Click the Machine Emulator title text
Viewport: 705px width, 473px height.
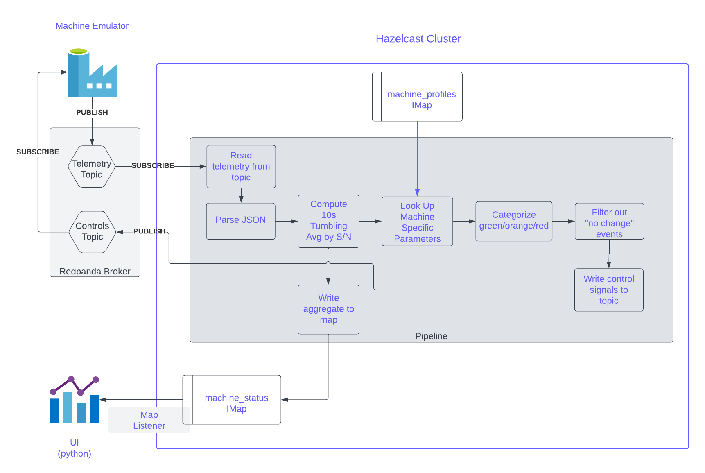click(x=92, y=26)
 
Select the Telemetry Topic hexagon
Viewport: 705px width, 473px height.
click(x=91, y=167)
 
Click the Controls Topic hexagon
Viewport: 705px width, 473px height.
click(x=93, y=232)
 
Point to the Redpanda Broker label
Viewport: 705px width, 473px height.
click(x=95, y=271)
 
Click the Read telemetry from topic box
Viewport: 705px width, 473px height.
click(x=241, y=167)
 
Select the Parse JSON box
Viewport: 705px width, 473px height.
click(x=240, y=220)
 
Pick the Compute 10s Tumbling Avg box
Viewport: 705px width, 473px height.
click(x=328, y=221)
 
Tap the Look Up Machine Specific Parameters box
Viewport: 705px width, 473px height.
click(x=417, y=222)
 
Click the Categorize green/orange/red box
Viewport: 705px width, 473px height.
click(x=513, y=221)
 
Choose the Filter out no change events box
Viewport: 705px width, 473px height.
click(x=609, y=222)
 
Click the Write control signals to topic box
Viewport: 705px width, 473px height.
click(x=608, y=290)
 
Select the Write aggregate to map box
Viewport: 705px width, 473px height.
click(x=328, y=309)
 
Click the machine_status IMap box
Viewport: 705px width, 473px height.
click(x=236, y=403)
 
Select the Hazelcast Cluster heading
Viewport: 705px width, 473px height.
click(x=418, y=39)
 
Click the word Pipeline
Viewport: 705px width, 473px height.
click(x=431, y=336)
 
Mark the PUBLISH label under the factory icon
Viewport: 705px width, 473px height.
click(x=92, y=112)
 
